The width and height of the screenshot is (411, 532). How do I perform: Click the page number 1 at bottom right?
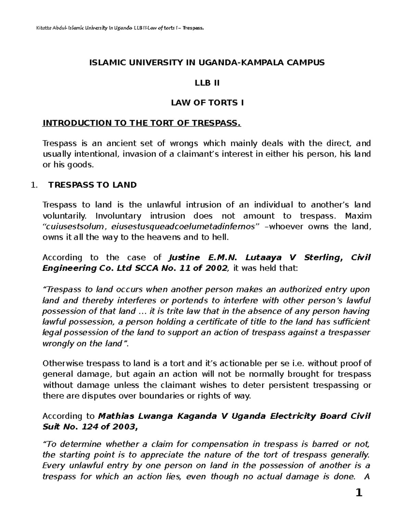pos(359,503)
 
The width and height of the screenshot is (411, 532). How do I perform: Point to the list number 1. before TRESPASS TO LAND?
pos(33,185)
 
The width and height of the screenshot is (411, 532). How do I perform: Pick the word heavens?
pos(169,237)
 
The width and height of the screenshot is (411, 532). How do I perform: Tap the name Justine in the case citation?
pos(184,257)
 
